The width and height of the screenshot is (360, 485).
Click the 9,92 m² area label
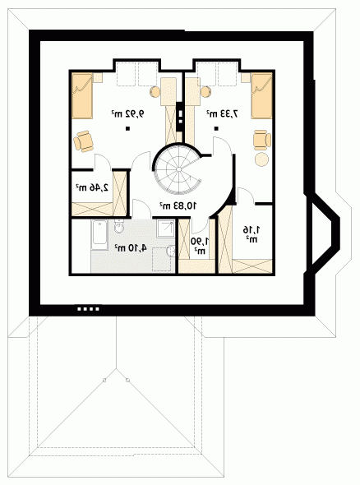pos(127,113)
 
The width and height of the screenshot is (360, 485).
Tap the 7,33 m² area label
pos(223,113)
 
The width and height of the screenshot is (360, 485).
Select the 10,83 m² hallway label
pos(178,205)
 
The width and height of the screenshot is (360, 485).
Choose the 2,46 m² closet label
pos(92,187)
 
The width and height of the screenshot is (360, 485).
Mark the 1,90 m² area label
pos(200,246)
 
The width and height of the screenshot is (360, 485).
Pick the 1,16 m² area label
pos(252,233)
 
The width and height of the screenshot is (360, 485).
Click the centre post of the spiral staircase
pos(178,169)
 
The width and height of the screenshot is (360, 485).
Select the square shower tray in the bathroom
pos(166,229)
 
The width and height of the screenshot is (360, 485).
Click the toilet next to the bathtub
pos(118,226)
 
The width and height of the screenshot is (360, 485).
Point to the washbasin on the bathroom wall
pos(171,251)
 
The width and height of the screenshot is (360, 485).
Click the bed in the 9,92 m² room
pos(82,96)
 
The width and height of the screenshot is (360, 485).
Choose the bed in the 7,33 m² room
pos(261,96)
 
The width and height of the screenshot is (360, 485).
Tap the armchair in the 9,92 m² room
pos(83,141)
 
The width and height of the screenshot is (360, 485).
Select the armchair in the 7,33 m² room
pos(262,140)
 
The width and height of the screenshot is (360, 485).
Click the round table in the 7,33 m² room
pos(261,159)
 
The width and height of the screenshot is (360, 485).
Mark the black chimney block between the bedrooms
pos(180,116)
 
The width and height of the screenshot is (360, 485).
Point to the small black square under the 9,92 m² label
pos(127,128)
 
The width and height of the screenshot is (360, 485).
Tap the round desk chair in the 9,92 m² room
pos(155,92)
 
